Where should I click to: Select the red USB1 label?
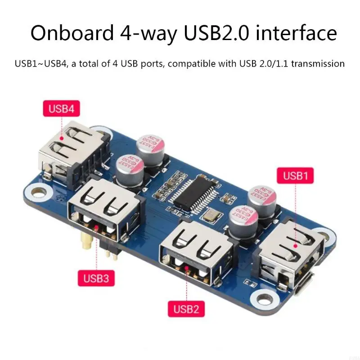[x=295, y=175]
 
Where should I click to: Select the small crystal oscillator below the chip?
[x=209, y=218]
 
